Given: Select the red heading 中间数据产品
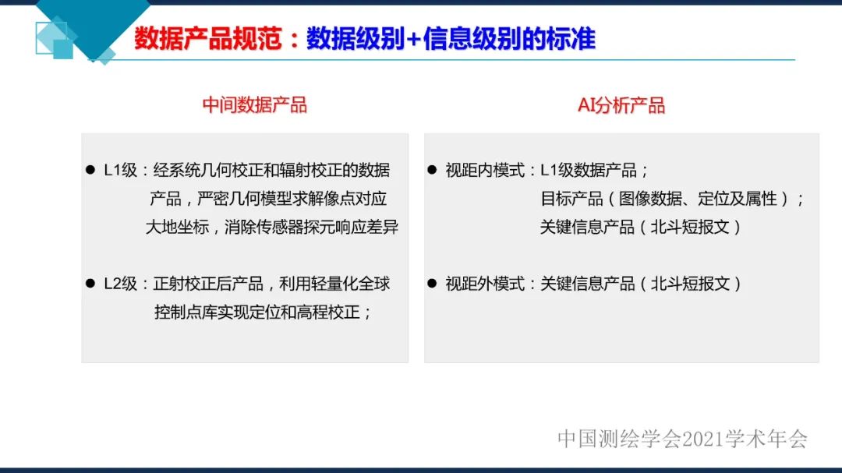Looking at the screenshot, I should coord(255,105).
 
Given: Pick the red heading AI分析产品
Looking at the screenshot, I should coord(621,105).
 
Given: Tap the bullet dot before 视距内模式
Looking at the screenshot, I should coord(432,170).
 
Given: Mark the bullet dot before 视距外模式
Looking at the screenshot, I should coord(432,284).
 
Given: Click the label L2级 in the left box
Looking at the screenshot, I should coord(121,284).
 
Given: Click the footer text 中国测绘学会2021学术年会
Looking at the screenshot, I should coord(682,439).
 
